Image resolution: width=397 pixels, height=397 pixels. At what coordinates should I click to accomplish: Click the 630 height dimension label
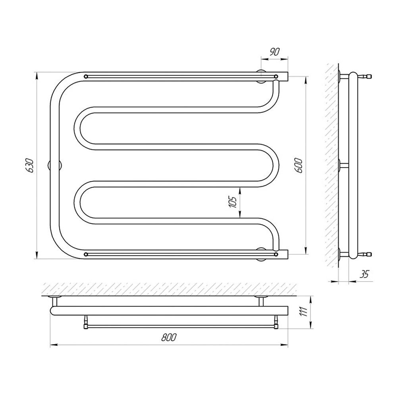[x=30, y=166]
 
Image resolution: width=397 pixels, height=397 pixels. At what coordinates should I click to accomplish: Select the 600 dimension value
[x=299, y=166]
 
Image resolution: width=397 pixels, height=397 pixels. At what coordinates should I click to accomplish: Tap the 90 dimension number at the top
[x=274, y=52]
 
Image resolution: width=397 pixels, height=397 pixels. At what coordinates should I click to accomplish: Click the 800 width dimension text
[x=169, y=337]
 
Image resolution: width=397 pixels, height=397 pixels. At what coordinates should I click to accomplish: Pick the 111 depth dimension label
[x=304, y=311]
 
